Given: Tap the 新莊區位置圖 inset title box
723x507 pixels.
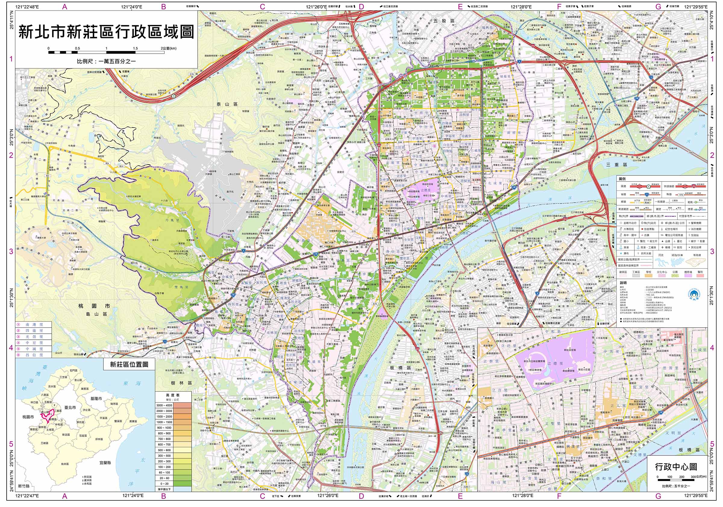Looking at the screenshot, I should (129, 365).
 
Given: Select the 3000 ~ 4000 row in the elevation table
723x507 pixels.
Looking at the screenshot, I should (173, 405).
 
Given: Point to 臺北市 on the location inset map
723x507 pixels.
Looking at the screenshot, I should (70, 408).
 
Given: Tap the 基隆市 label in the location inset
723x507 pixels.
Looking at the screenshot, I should (96, 398).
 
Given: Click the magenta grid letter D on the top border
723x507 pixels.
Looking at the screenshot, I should (361, 7).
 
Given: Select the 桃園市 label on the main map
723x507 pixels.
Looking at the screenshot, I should (95, 306).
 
